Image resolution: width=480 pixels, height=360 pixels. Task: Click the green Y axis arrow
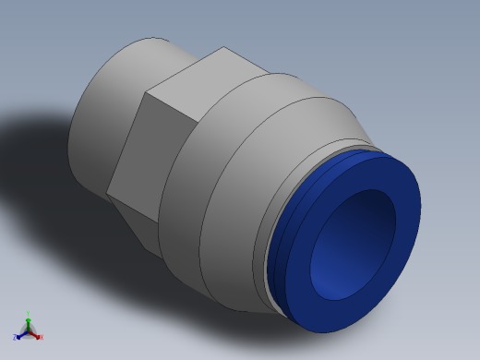[29, 320]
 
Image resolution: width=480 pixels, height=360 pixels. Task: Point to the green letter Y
[29, 314]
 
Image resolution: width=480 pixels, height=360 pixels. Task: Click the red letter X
[42, 337]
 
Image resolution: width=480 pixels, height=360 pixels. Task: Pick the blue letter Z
[16, 338]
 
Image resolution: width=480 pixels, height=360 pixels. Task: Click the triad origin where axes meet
[29, 330]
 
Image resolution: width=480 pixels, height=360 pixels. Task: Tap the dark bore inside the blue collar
[355, 240]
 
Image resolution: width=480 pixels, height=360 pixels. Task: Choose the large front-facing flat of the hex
[157, 148]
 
